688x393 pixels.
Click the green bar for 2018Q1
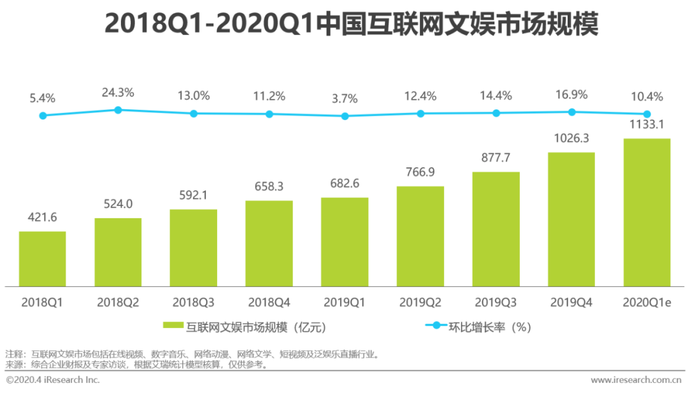[42, 259]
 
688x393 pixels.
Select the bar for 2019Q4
[571, 219]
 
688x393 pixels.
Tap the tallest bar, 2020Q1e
[647, 212]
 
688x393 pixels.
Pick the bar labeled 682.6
[345, 242]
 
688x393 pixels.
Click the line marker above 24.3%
[118, 110]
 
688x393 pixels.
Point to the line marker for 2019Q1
[345, 116]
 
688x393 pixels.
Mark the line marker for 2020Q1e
[647, 114]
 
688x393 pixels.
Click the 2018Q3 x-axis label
[193, 303]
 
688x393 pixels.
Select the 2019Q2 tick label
[420, 303]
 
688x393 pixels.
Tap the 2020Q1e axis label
[647, 303]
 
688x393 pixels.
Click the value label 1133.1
[647, 125]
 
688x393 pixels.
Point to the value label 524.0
[118, 205]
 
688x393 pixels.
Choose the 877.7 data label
[496, 158]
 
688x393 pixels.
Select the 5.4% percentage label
[43, 99]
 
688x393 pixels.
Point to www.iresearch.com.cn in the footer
[636, 380]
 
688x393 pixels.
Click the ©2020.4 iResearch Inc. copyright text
[53, 380]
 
